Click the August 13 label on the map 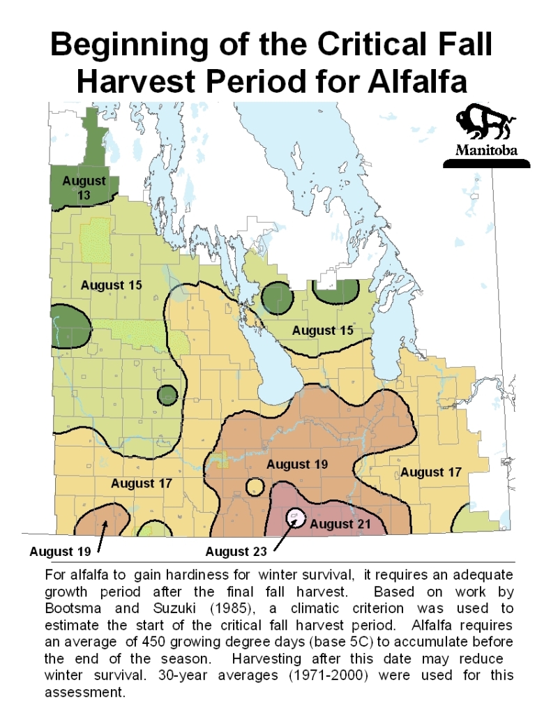[84, 188]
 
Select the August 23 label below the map [237, 552]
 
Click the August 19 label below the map [60, 552]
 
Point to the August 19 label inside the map [298, 464]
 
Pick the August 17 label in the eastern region [430, 472]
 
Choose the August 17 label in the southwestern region [142, 483]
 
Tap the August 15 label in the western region [112, 285]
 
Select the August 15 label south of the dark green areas [322, 330]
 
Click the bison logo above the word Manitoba [485, 125]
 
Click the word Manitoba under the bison [486, 150]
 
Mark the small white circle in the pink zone [295, 517]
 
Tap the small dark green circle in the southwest [167, 396]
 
